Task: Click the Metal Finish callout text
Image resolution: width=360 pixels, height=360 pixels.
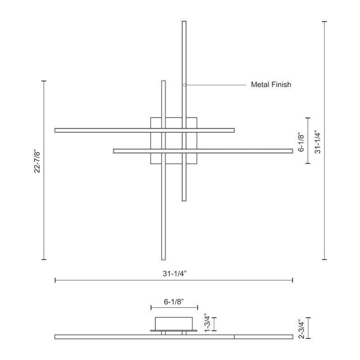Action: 271,85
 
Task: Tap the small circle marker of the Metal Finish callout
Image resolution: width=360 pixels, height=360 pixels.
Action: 184,85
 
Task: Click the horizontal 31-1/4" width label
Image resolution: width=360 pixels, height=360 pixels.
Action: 175,274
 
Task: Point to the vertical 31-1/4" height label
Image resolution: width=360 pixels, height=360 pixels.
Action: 318,143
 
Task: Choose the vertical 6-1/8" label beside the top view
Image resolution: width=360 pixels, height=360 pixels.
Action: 301,142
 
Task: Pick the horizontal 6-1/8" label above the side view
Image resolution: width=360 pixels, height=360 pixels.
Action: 174,301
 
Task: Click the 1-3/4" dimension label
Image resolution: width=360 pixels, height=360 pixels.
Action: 207,323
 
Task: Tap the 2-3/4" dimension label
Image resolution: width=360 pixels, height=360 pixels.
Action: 301,329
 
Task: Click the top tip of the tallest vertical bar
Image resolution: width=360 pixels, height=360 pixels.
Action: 184,21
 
